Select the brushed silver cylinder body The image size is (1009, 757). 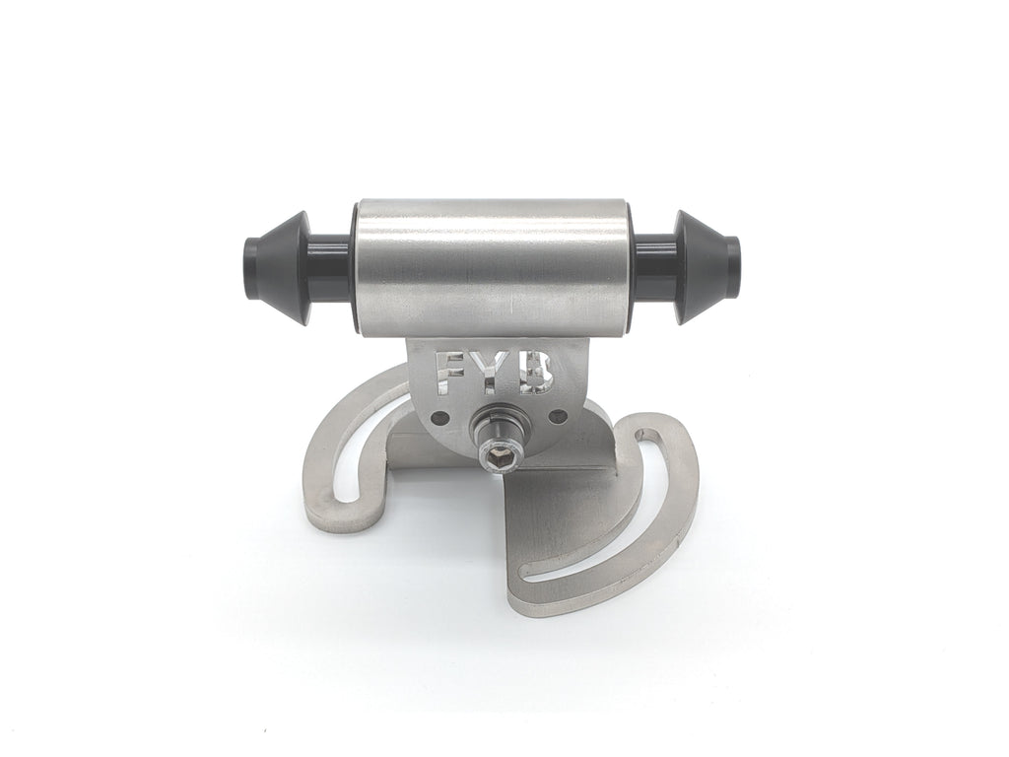(495, 267)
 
